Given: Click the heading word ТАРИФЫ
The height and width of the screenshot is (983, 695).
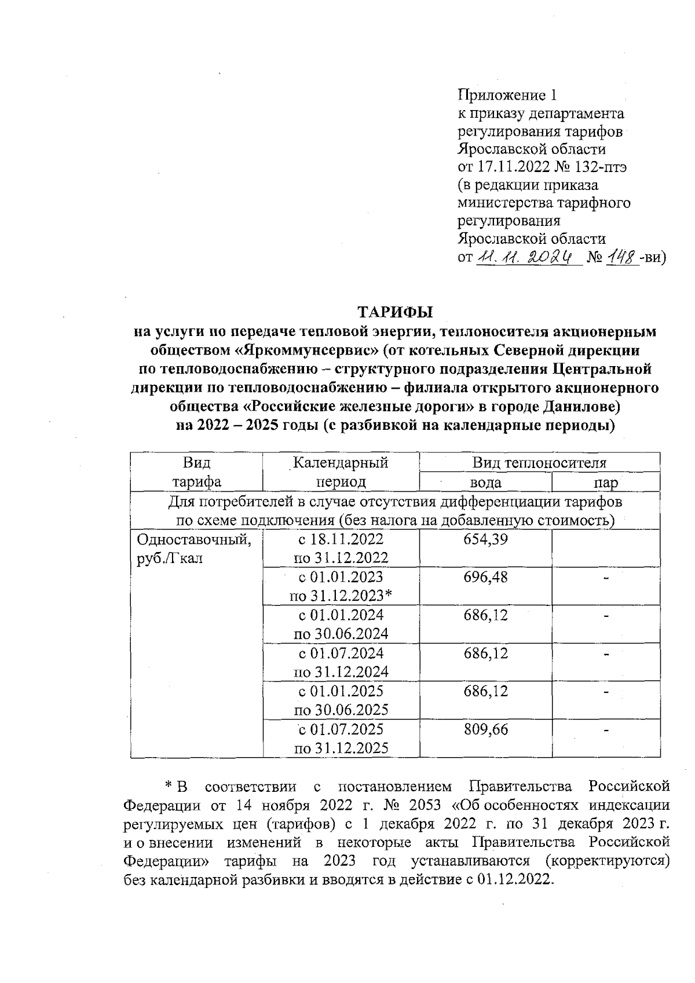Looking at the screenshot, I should (x=395, y=312).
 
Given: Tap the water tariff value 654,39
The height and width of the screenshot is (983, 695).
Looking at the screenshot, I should (x=485, y=539).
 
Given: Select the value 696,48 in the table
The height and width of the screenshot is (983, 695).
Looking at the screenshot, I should (x=485, y=578).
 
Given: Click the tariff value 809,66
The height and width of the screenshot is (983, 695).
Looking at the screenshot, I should (x=485, y=729).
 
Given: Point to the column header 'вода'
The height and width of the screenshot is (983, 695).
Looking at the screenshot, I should (x=485, y=483).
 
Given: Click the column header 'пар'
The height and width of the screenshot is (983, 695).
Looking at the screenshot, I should (x=606, y=483).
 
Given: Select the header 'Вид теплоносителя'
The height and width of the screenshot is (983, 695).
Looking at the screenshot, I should (x=539, y=463).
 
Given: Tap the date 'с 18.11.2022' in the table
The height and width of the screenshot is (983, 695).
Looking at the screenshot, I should (x=341, y=539).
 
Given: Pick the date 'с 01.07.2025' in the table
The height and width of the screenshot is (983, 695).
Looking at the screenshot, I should (x=341, y=729).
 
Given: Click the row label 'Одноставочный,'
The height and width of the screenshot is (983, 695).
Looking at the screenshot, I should (x=193, y=539).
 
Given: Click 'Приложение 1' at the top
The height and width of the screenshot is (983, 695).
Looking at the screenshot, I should (x=507, y=95).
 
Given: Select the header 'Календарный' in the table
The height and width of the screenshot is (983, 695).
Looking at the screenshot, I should (x=341, y=463).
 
